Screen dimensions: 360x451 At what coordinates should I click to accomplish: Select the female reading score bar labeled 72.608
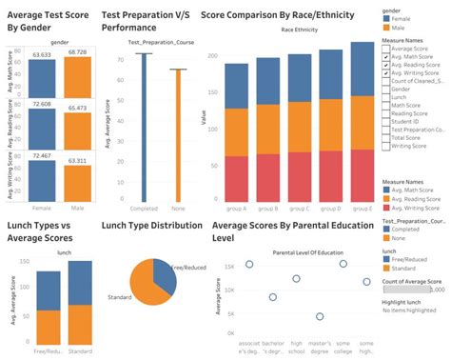tap(42, 122)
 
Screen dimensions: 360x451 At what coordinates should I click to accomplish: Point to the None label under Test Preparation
tap(178, 208)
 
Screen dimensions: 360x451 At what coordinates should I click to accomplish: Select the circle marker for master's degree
tap(321, 315)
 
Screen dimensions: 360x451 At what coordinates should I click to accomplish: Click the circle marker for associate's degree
tap(249, 265)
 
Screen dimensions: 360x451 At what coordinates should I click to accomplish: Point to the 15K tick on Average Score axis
tap(229, 266)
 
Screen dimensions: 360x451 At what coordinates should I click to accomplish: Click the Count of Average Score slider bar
tap(410, 289)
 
